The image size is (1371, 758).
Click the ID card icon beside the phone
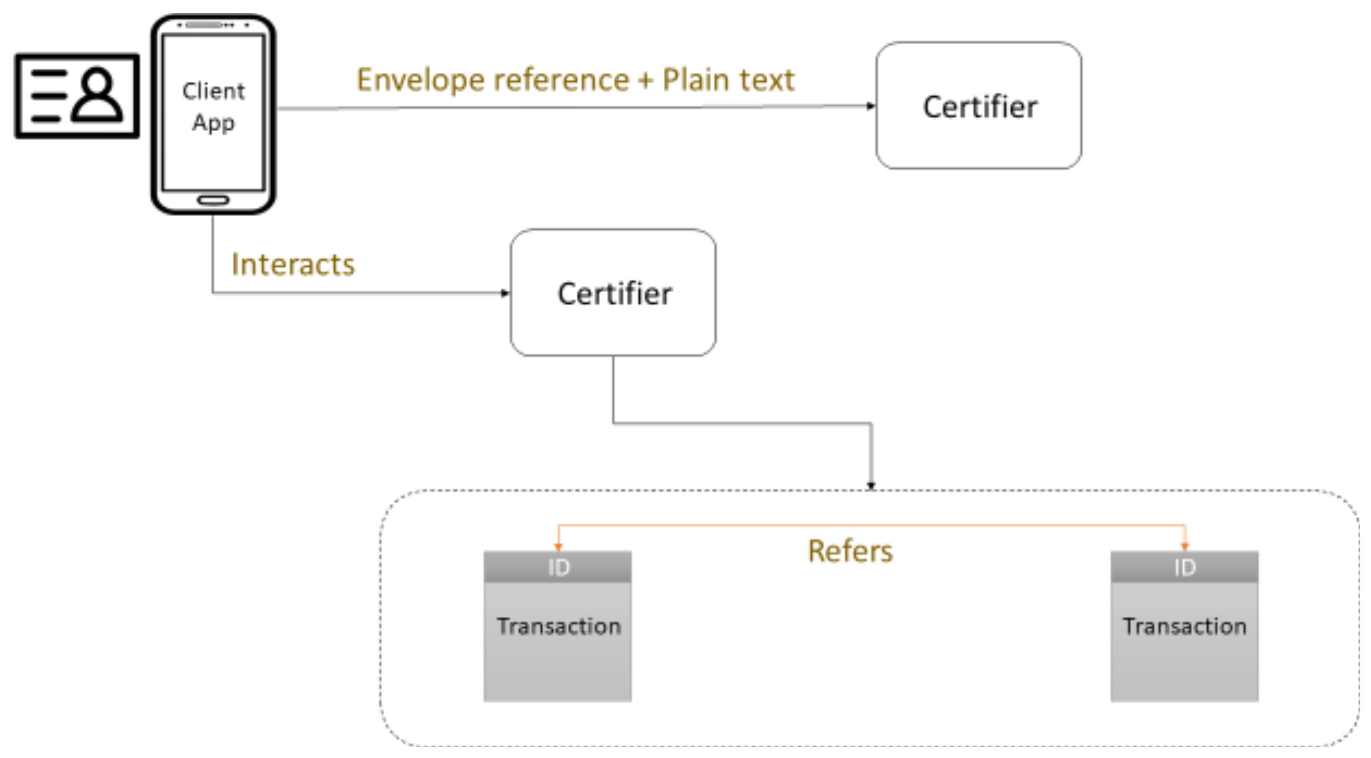coord(77,96)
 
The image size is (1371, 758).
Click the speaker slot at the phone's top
coord(204,25)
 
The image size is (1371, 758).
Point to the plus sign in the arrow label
coord(646,81)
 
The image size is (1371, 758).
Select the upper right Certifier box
coord(979,105)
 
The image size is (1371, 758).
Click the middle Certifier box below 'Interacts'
coord(613,293)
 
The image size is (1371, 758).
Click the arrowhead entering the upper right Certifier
coord(871,106)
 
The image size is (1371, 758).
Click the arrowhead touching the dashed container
coord(871,485)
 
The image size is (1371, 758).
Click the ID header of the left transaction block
coord(558,567)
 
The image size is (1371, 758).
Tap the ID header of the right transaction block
coord(1185,567)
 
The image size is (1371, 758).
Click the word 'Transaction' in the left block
coord(559,626)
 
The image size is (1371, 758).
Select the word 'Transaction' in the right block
coord(1185,626)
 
